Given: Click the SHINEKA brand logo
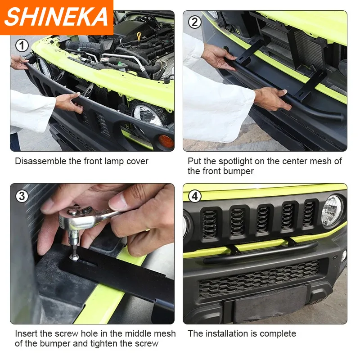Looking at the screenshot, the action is point(56,17).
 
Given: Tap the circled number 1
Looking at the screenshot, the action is point(22,45).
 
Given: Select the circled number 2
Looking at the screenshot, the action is point(195,22).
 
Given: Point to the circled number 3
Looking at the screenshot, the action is point(22,196).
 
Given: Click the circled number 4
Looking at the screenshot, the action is point(195,196).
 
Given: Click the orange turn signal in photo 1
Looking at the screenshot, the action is point(166,141).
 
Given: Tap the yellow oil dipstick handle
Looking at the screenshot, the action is point(139,36).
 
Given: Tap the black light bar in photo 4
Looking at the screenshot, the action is point(261,253).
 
